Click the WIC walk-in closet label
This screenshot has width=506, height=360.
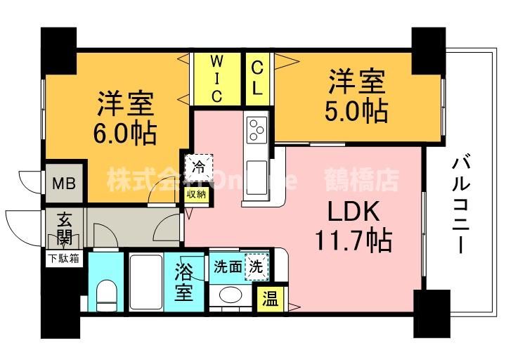(216, 78)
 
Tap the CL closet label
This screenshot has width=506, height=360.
(258, 78)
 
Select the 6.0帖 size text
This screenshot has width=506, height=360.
(127, 131)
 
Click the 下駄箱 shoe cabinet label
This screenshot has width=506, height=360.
(64, 258)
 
